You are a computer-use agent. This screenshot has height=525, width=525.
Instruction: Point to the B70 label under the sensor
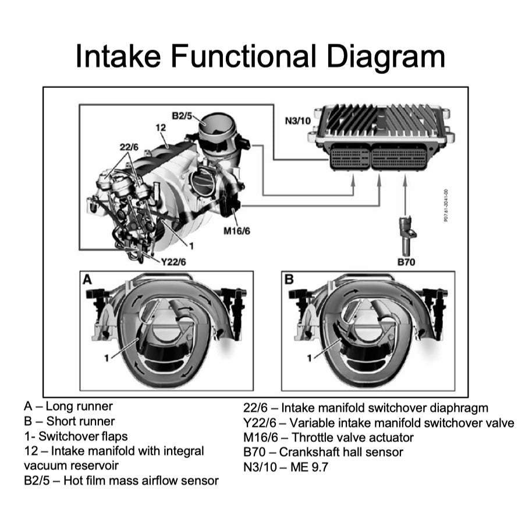406,262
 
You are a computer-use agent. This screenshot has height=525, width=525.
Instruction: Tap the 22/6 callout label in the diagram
129,147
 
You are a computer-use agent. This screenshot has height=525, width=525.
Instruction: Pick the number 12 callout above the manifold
161,127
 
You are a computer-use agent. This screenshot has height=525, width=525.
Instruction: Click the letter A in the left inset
87,279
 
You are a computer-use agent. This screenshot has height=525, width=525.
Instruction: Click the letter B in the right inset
289,279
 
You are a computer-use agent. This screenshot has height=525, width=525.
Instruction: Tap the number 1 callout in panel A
107,357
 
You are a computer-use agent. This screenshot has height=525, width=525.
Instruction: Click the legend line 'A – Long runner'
68,406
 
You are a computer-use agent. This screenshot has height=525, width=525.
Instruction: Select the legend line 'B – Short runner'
69,421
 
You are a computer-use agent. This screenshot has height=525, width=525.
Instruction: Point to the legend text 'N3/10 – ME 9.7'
286,467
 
